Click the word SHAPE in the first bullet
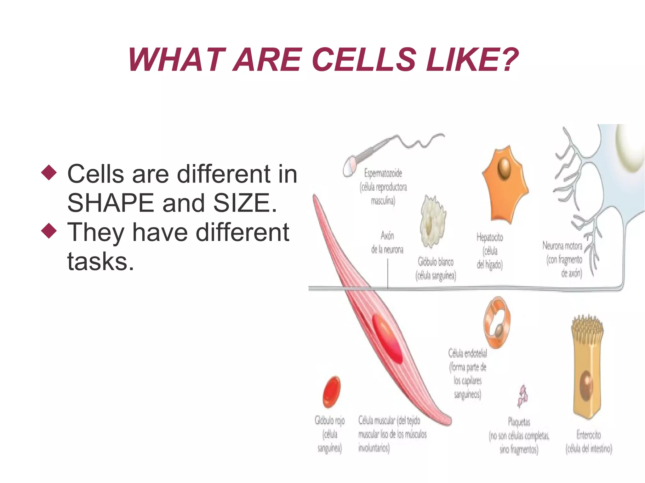110,203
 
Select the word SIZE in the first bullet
245,203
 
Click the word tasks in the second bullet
100,261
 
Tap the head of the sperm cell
350,166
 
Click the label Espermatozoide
383,173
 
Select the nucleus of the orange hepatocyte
505,168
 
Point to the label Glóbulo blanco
436,261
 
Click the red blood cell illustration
331,392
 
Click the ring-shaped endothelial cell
497,323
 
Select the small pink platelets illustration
523,396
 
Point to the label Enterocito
588,435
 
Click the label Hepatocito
489,237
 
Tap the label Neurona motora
562,246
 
